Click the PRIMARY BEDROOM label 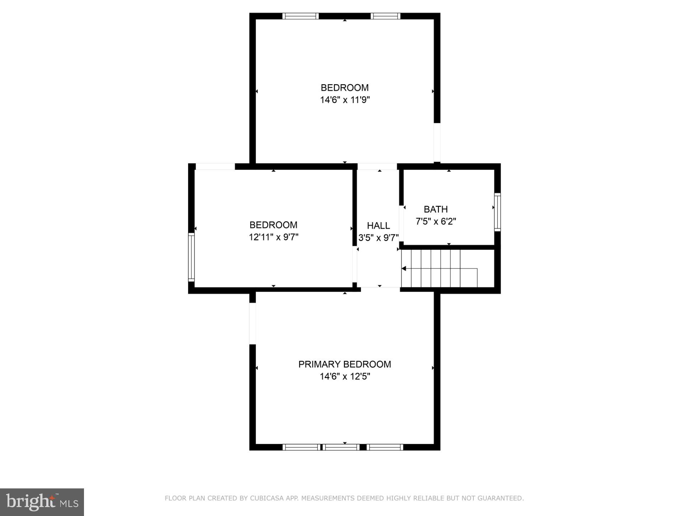(344, 364)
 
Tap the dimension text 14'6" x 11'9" (345, 100)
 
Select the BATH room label (436, 209)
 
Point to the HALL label (378, 226)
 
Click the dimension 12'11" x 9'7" (273, 237)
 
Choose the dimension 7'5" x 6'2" (436, 221)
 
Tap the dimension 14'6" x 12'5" (345, 377)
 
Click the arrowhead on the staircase (404, 268)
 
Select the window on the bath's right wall (497, 212)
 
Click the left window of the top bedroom (300, 16)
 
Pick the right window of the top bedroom (385, 16)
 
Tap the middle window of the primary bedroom (340, 447)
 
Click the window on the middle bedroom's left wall (191, 257)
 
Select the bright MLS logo (42, 502)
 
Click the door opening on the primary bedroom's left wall (253, 323)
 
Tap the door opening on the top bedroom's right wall (437, 142)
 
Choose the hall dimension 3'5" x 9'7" (378, 238)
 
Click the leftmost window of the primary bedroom (301, 447)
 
